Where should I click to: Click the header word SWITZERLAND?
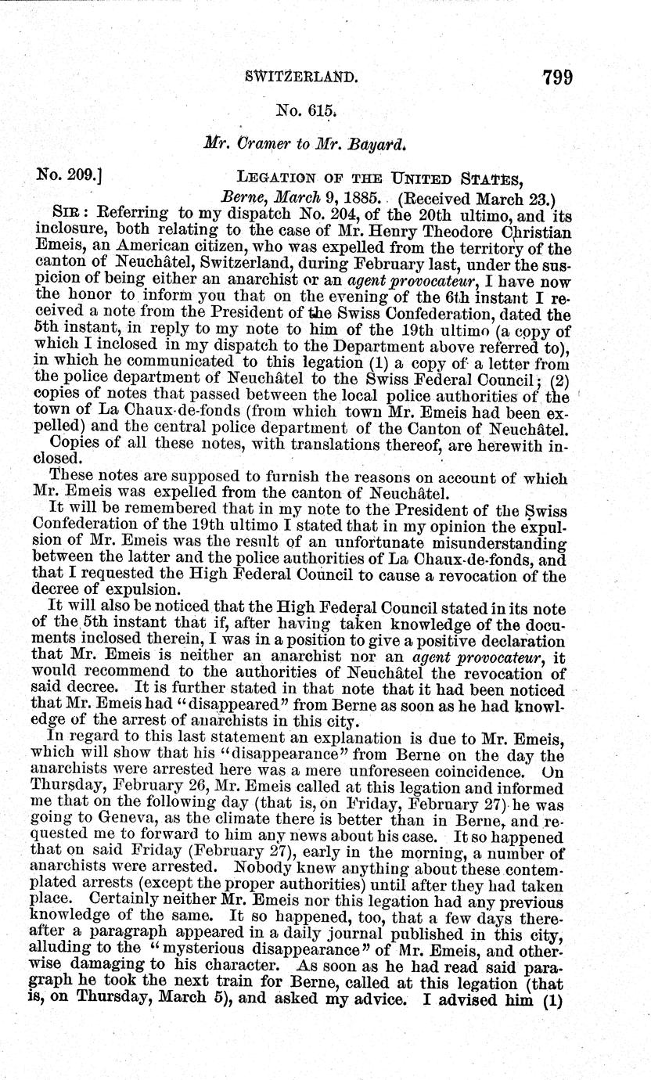pyautogui.click(x=301, y=77)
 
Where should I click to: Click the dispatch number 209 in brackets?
pyautogui.click(x=74, y=177)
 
